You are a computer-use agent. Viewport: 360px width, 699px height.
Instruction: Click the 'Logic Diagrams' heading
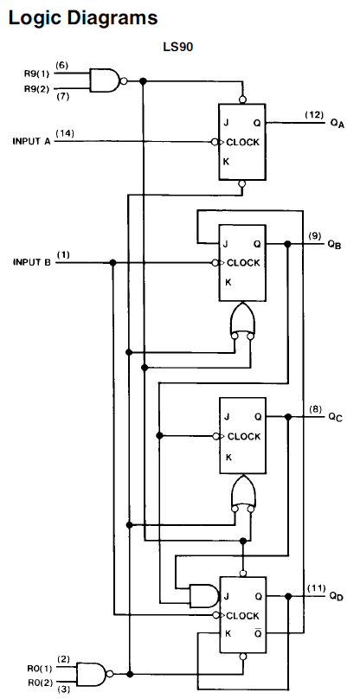click(x=71, y=16)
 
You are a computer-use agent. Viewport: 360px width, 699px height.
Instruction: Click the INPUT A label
click(x=32, y=140)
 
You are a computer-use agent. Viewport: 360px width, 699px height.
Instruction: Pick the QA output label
click(x=337, y=123)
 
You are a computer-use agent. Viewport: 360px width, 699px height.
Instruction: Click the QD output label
click(x=336, y=597)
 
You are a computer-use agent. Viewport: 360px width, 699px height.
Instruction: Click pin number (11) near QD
click(x=316, y=588)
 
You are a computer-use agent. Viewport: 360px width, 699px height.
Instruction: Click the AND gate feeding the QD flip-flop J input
click(x=202, y=595)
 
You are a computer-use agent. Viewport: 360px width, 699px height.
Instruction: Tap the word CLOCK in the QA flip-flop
click(x=244, y=141)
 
